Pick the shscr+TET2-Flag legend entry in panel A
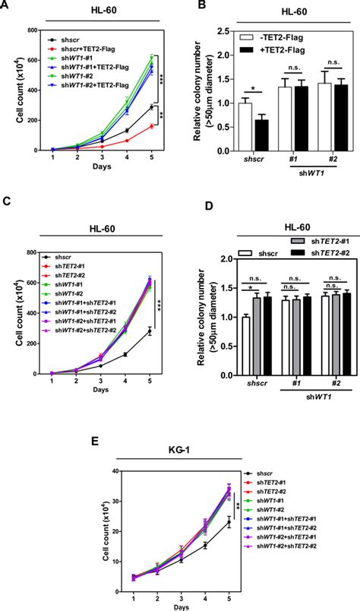click(x=77, y=46)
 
